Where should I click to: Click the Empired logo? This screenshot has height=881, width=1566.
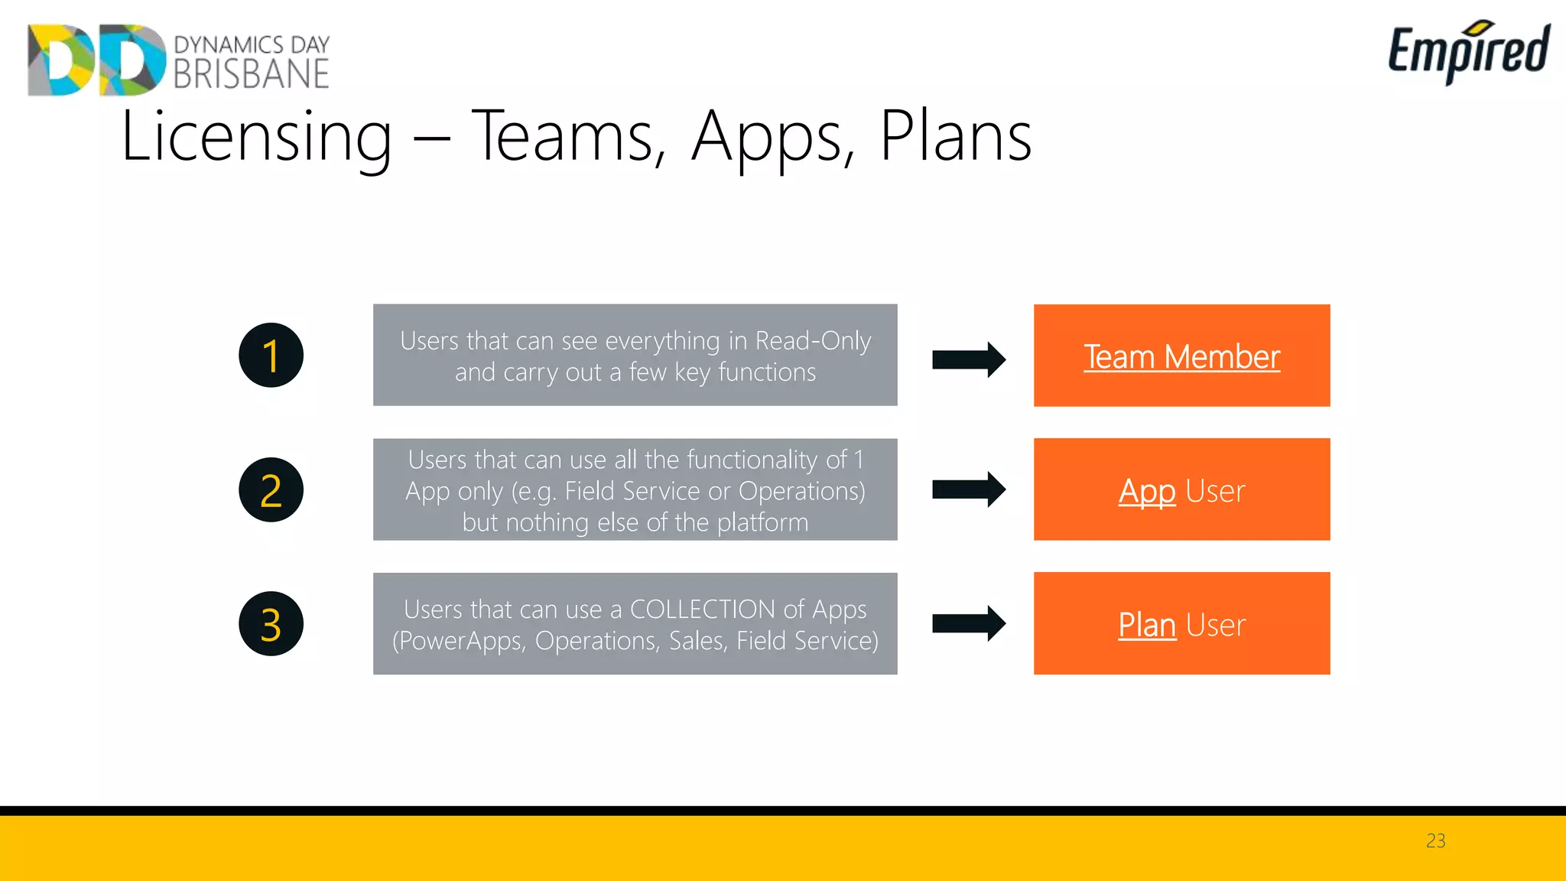[1468, 52]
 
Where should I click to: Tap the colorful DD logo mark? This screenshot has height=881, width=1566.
[96, 60]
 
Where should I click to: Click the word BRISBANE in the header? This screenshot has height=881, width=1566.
[251, 75]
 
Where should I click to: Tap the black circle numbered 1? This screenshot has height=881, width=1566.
[271, 356]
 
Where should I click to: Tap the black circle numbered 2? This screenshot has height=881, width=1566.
[271, 490]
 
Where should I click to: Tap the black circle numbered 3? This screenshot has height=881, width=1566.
[271, 624]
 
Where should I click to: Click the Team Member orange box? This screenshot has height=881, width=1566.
[1181, 356]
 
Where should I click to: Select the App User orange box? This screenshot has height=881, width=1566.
[1181, 489]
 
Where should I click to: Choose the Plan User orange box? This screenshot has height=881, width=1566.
[1181, 623]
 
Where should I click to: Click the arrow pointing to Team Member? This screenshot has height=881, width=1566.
[968, 359]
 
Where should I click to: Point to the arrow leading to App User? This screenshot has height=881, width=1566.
[968, 489]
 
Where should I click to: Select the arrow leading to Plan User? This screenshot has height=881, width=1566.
[968, 623]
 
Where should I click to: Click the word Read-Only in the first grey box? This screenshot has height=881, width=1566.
[813, 341]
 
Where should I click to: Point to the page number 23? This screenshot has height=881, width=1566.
[1435, 840]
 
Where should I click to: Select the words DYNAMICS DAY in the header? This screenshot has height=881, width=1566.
[252, 44]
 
